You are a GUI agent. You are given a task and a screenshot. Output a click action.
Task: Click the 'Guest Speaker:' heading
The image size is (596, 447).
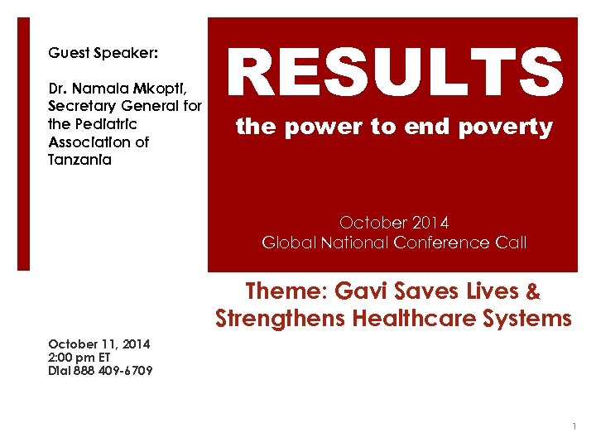(x=103, y=53)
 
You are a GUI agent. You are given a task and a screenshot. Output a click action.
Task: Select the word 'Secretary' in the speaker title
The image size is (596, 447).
(x=87, y=105)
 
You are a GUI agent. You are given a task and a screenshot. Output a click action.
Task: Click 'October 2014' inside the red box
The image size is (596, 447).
(x=394, y=223)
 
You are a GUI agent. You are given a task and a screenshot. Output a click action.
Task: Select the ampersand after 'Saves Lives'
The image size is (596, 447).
(x=533, y=291)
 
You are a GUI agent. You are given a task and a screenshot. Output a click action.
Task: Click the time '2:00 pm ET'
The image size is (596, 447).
(x=79, y=358)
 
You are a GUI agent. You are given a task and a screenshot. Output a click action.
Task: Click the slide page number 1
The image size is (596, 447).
(x=574, y=426)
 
